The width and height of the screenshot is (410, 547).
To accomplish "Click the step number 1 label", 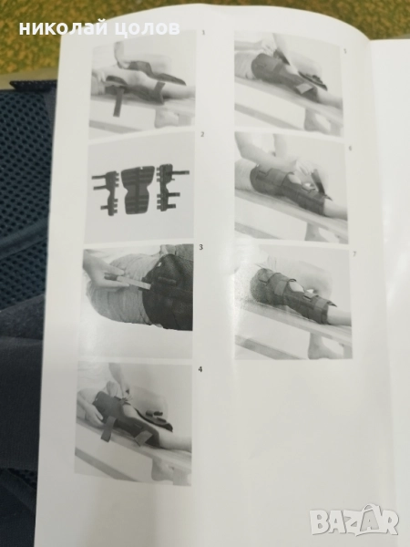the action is (203, 34).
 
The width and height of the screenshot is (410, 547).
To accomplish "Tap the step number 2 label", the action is (202, 135).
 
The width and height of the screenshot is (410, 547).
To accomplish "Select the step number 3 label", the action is (200, 247).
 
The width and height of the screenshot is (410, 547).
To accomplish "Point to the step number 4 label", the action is (200, 369).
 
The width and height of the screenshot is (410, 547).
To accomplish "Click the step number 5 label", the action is (345, 51).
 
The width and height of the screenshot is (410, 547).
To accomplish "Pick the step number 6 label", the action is (351, 148).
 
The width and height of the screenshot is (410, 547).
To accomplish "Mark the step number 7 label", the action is (354, 254).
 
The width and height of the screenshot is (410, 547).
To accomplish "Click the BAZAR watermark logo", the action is (354, 521).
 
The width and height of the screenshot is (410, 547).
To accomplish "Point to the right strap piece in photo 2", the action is (171, 190).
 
